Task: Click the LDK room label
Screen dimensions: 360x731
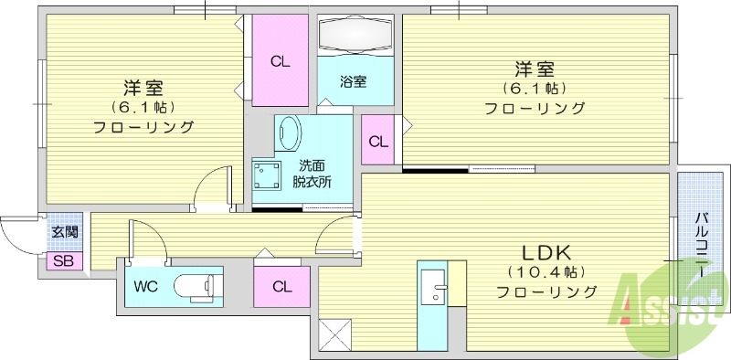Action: click(547, 251)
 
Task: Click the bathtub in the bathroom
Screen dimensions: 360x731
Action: click(355, 37)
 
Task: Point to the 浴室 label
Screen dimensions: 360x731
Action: click(355, 81)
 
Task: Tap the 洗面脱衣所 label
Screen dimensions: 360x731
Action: click(313, 174)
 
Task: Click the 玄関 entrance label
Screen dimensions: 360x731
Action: click(64, 232)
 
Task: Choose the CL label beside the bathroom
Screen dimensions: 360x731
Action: click(280, 61)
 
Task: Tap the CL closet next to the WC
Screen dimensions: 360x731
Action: click(281, 286)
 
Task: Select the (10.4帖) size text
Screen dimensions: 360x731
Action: click(547, 272)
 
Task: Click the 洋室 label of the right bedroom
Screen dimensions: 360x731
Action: click(535, 69)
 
